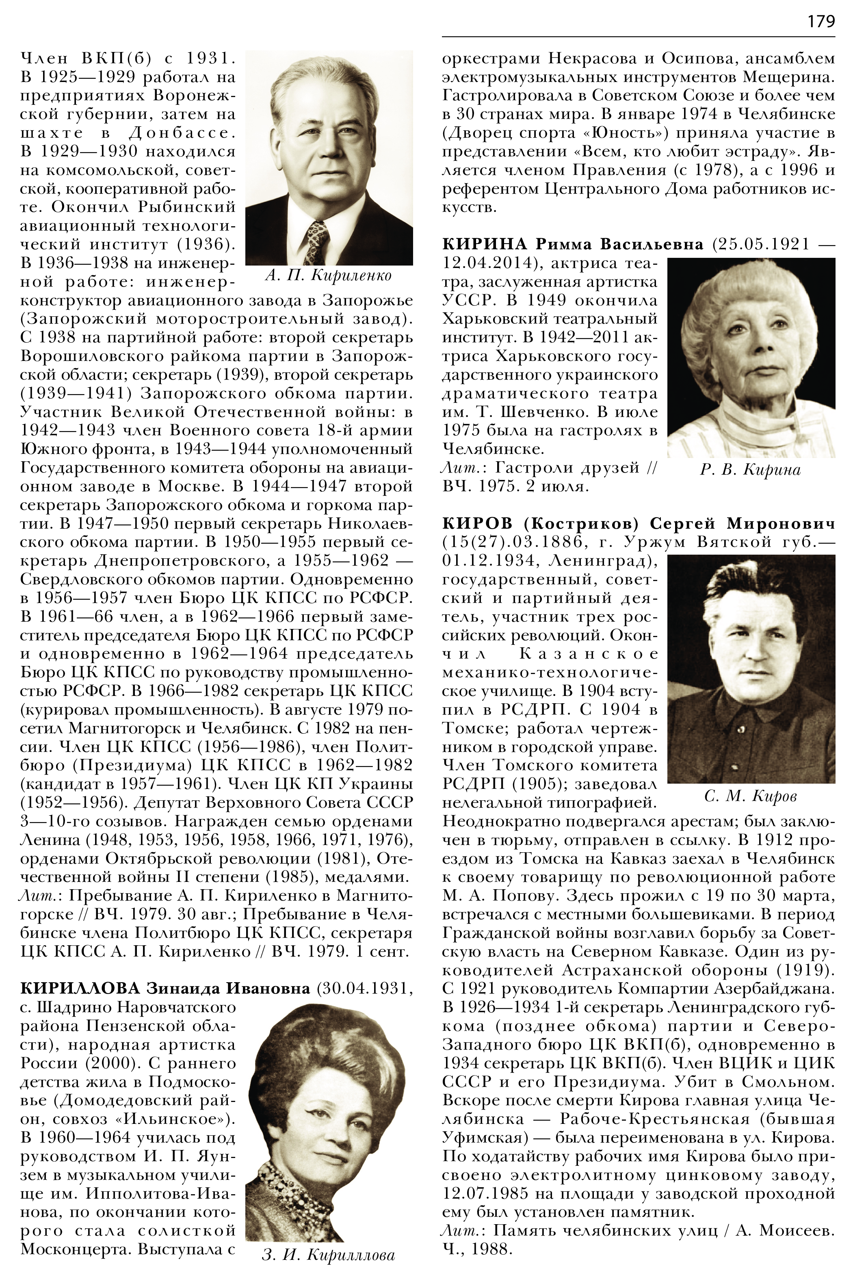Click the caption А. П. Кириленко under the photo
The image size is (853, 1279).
[x=329, y=276]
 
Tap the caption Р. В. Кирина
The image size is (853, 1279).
[x=750, y=469]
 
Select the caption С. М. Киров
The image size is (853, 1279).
[x=750, y=796]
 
